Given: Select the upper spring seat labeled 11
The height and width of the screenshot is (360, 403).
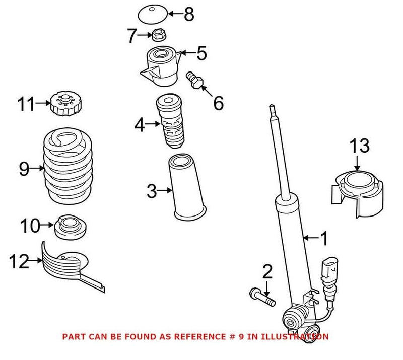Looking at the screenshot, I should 63,104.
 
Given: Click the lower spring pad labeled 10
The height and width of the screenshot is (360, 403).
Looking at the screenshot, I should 70,227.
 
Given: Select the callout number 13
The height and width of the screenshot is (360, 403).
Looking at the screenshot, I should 360,147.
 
